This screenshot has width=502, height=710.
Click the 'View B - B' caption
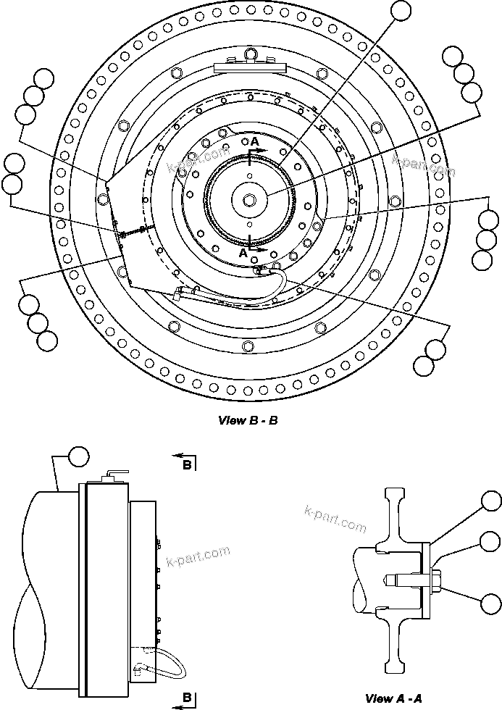(248, 420)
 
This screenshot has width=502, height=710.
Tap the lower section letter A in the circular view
(243, 254)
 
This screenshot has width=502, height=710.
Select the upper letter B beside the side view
(187, 465)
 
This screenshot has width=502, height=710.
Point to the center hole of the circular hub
(249, 199)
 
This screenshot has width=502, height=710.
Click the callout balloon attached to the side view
(78, 456)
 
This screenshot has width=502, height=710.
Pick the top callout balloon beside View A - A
(492, 501)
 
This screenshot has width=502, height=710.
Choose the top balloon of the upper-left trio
(44, 78)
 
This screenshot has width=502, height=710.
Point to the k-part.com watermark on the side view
(198, 555)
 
